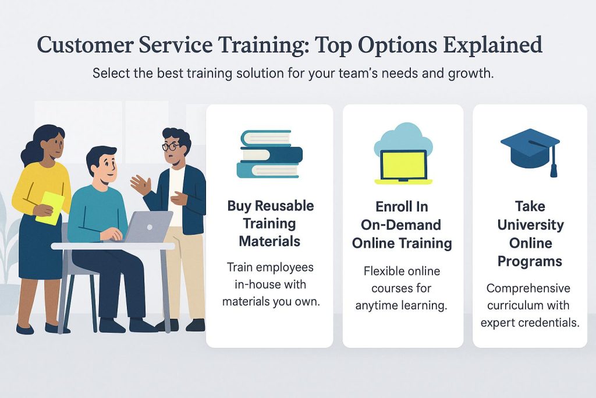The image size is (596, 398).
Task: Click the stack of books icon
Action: pos(269,154)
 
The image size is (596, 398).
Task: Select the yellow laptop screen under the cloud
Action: pos(403,165)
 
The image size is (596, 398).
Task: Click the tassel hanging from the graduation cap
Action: pos(554,163)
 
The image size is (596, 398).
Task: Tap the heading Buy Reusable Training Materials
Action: pos(270,223)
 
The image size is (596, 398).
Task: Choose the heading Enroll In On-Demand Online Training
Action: pos(402,225)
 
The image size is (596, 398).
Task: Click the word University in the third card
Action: pos(530,225)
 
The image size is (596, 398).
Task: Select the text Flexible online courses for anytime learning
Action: pos(402,288)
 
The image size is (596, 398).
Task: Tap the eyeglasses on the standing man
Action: pos(171,146)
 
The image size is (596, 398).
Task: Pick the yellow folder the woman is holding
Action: pos(50,208)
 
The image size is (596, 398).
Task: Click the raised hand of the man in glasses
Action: pos(141,184)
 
